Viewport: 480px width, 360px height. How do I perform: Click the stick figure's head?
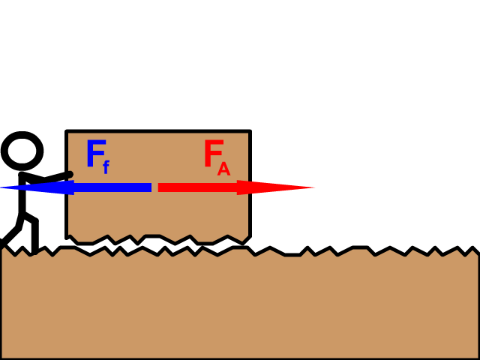coord(22,151)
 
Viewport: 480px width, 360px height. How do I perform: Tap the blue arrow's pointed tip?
coord(1,187)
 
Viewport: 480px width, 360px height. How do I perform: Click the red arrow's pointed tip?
coord(315,187)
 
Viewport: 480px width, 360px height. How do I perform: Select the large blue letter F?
coord(96,153)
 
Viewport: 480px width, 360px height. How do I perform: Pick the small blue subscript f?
coord(106,167)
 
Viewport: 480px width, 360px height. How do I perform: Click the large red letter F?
coord(214,153)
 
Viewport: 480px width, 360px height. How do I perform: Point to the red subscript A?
coord(223,169)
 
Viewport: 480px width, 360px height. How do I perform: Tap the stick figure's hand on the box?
coord(70,174)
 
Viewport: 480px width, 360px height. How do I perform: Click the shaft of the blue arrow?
coord(112,187)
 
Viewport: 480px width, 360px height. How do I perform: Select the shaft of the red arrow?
coord(198,187)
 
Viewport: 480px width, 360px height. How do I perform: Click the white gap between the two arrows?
coord(155,187)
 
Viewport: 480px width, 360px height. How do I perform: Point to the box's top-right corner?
coord(250,131)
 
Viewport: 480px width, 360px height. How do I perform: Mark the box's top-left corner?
coord(67,131)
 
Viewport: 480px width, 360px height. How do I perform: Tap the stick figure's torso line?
coord(22,193)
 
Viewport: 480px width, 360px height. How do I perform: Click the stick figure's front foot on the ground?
coord(34,252)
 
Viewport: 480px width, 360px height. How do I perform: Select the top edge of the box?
coord(158,131)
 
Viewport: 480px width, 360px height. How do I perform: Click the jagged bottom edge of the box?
coord(158,239)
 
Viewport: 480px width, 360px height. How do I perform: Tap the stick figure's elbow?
coord(44,178)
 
